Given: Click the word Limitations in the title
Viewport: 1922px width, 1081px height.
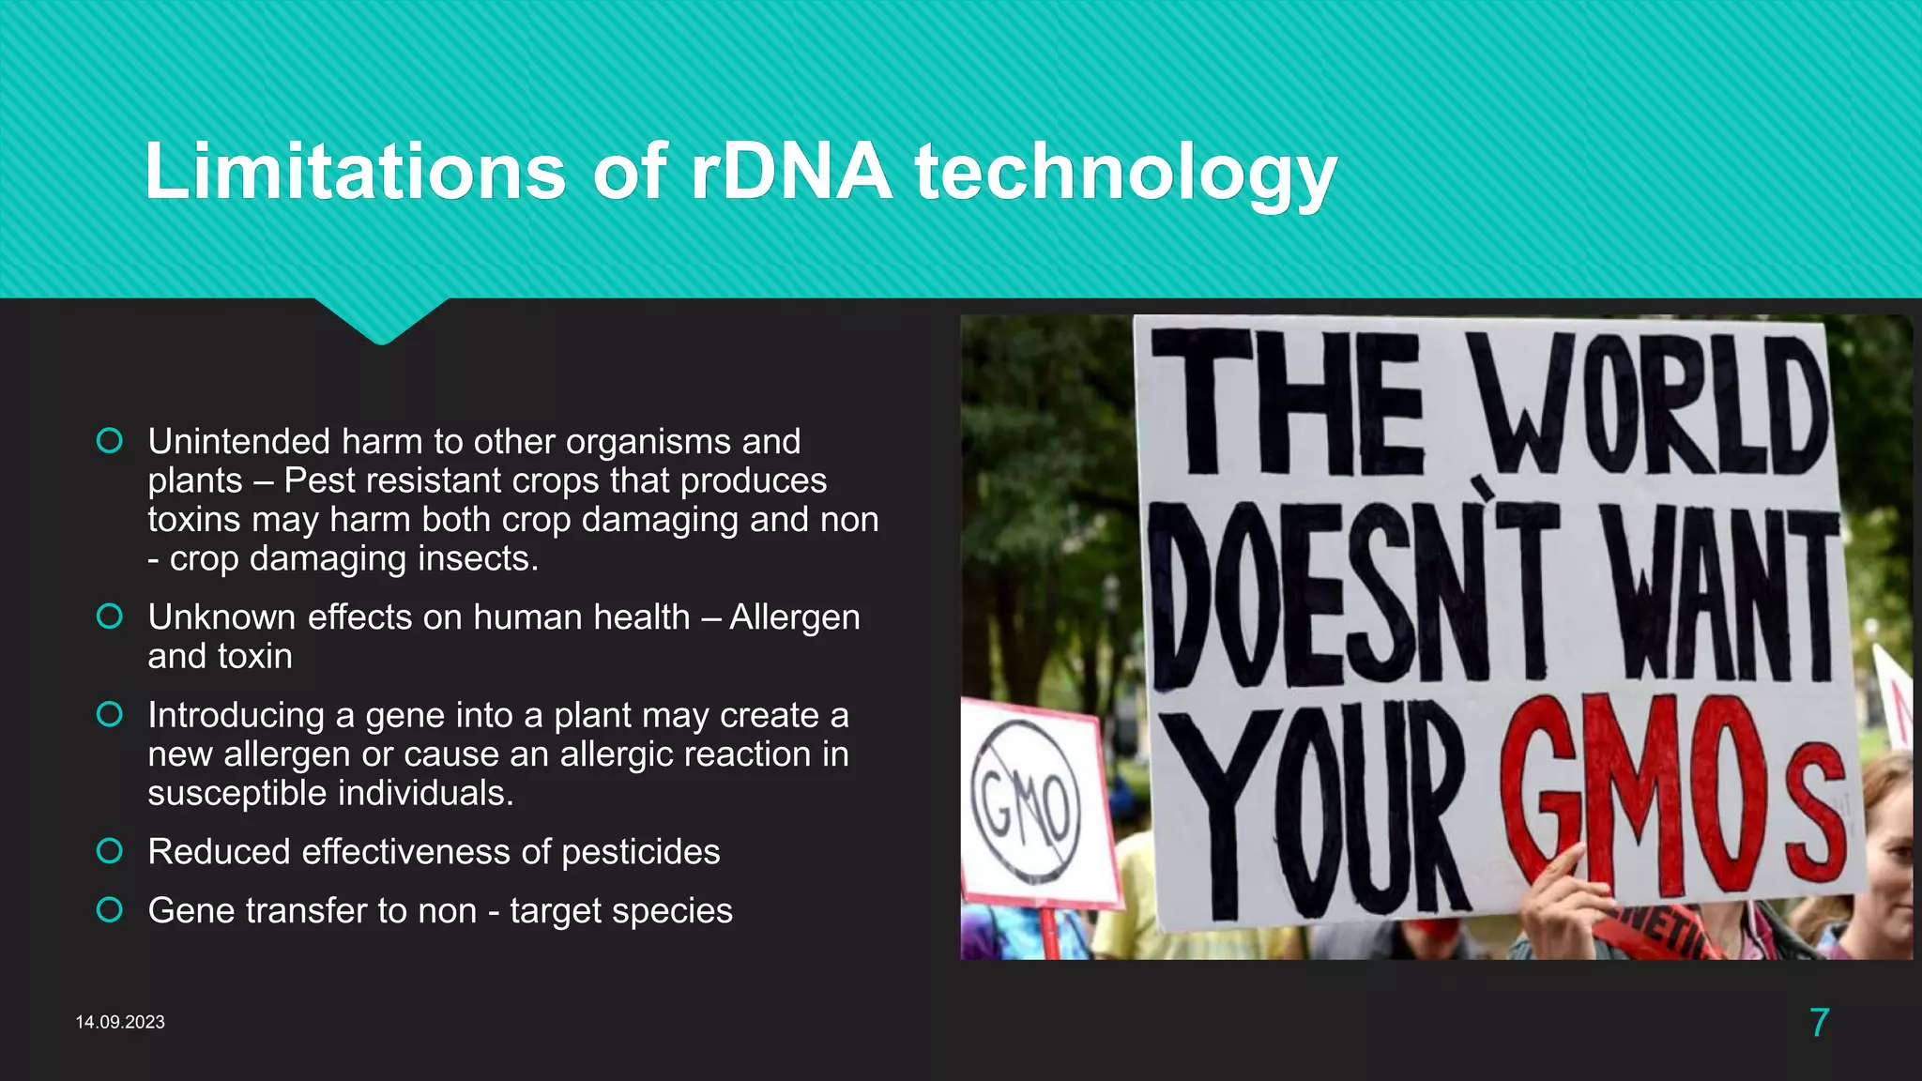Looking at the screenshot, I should click(355, 172).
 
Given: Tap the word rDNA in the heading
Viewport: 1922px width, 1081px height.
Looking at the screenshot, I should click(791, 172).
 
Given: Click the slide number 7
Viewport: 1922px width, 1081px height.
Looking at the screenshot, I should click(1819, 1022).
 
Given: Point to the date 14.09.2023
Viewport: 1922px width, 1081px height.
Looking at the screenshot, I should click(120, 1022).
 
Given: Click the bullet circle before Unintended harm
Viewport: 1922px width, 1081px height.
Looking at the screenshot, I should click(110, 441).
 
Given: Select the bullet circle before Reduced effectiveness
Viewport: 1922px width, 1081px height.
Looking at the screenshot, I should click(110, 851).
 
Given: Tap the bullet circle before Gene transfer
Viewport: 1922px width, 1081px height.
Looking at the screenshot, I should click(110, 910).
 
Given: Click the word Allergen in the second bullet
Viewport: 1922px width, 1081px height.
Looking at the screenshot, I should click(794, 617).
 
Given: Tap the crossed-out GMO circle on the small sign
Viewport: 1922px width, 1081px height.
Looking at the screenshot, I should click(1026, 804).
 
